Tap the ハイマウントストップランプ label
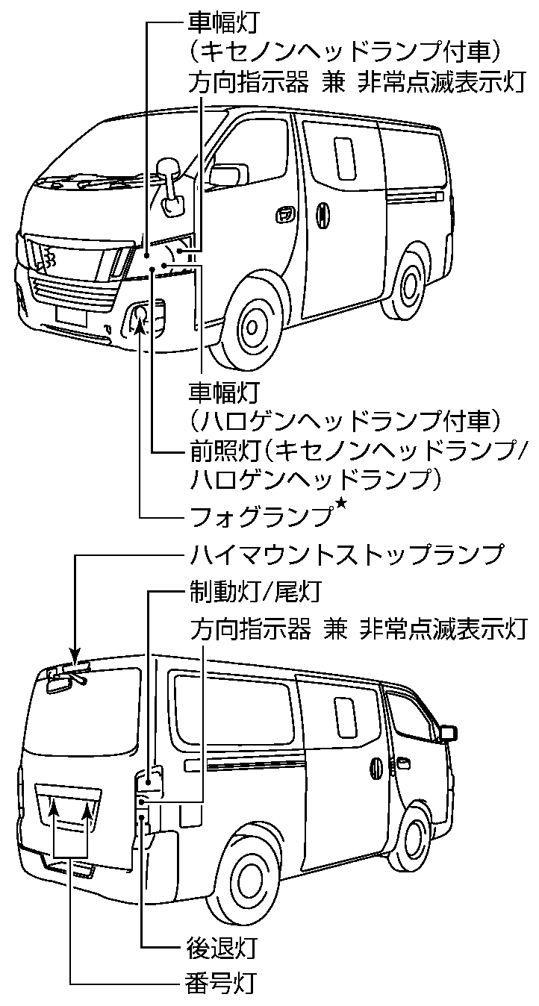(x=344, y=556)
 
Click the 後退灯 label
(x=222, y=948)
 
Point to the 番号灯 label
(x=222, y=983)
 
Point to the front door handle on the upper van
(x=284, y=216)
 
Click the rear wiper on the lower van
(x=69, y=678)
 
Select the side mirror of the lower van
(x=448, y=732)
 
